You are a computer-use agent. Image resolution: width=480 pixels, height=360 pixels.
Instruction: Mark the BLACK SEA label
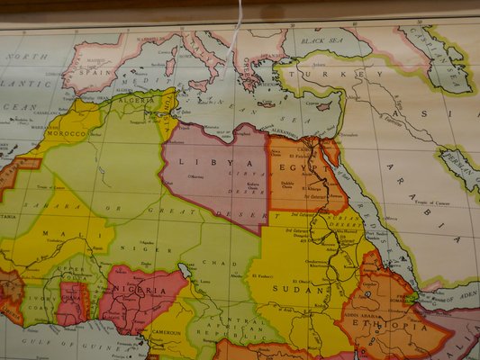coord(324,41)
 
